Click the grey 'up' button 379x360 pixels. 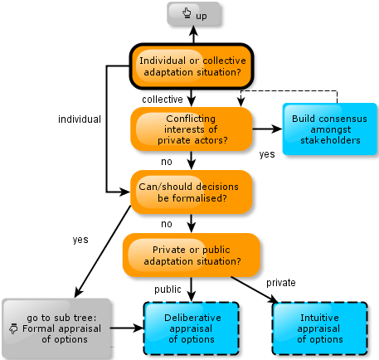(193, 14)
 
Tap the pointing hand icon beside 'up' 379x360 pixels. (187, 13)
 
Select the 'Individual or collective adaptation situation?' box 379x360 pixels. (192, 66)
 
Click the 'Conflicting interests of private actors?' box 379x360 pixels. (192, 129)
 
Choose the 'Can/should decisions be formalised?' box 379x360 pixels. (192, 192)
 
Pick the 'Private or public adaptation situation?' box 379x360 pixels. (192, 255)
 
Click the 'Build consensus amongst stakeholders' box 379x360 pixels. (330, 129)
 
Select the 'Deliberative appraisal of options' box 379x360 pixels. (192, 328)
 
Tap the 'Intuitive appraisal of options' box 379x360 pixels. (320, 328)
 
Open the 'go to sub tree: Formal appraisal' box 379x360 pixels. (56, 328)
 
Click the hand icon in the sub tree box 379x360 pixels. (13, 328)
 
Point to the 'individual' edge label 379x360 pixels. (80, 119)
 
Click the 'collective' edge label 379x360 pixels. (163, 100)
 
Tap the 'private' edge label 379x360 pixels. (281, 283)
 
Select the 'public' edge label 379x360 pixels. (168, 289)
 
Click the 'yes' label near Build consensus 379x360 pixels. (267, 154)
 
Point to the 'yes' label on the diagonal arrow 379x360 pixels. (80, 240)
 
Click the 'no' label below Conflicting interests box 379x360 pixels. (167, 162)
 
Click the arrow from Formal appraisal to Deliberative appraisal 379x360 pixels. (127, 328)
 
